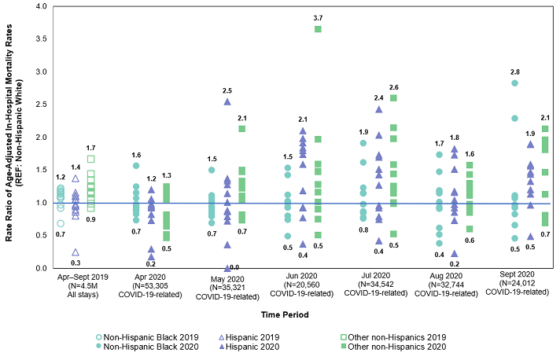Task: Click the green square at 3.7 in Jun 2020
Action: point(318,29)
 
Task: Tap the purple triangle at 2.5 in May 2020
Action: point(227,101)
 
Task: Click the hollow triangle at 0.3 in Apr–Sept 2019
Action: point(76,252)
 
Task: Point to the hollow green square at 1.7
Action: point(91,159)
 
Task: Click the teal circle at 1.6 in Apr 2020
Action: point(136,166)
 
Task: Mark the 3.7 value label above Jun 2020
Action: point(318,17)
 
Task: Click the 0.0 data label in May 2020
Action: point(235,268)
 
